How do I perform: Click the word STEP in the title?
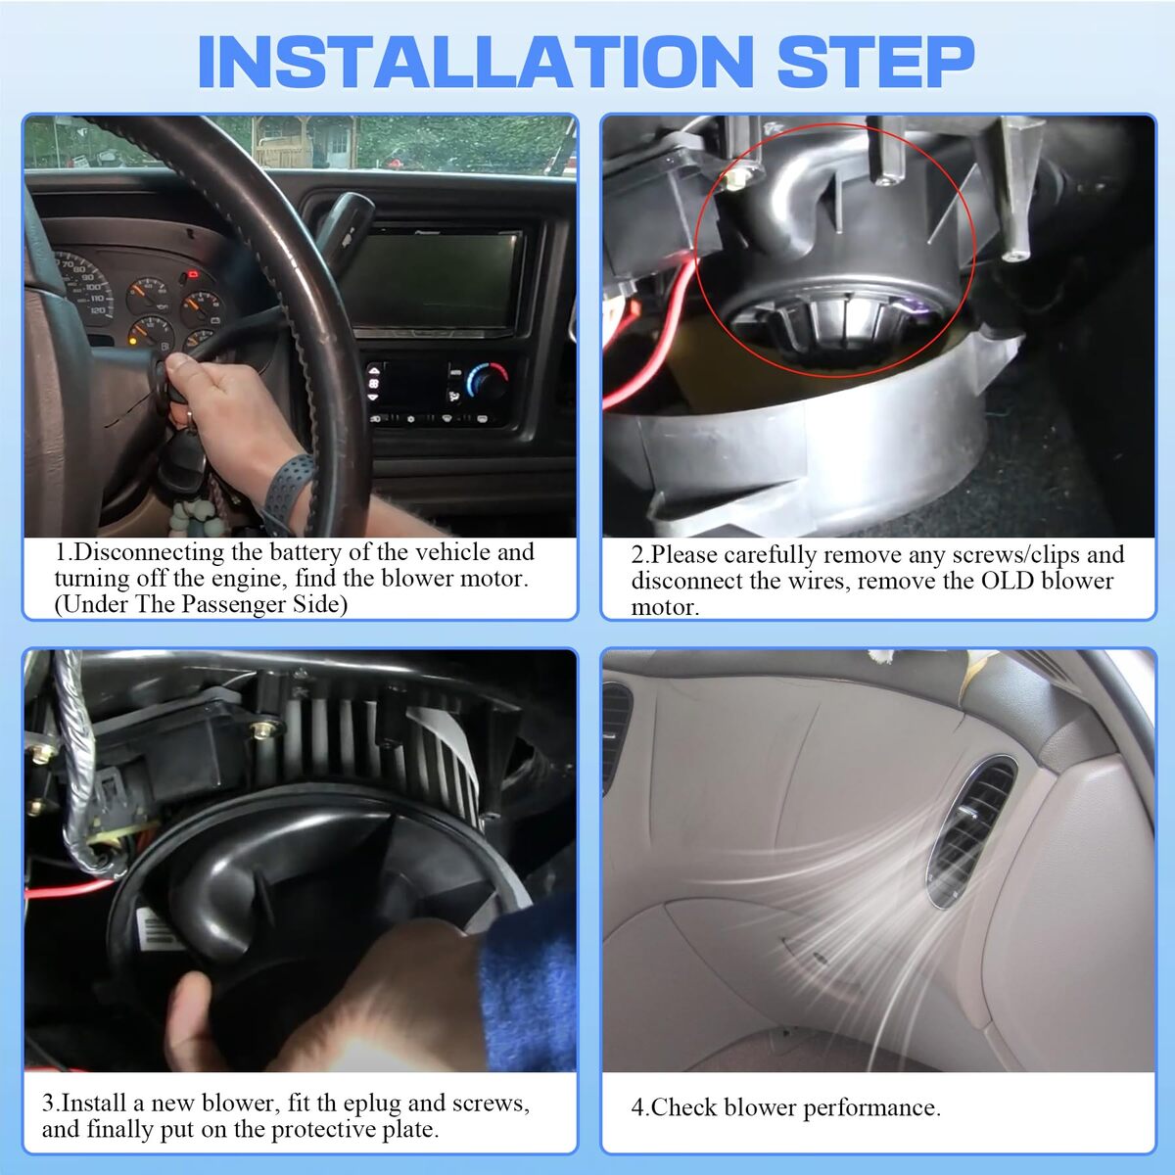pyautogui.click(x=876, y=63)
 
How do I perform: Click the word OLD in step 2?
pyautogui.click(x=1008, y=580)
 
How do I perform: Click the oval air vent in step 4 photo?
pyautogui.click(x=970, y=832)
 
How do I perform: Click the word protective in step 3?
pyautogui.click(x=323, y=1129)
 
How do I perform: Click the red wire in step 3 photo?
pyautogui.click(x=70, y=891)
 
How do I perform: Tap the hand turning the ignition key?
pyautogui.click(x=225, y=414)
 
